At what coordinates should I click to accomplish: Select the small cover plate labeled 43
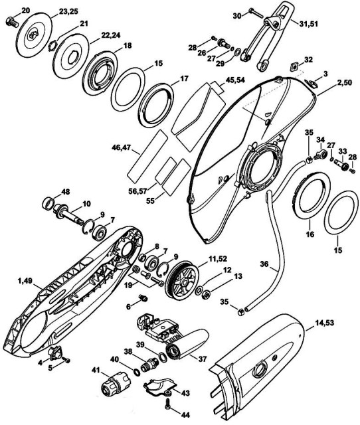159,385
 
